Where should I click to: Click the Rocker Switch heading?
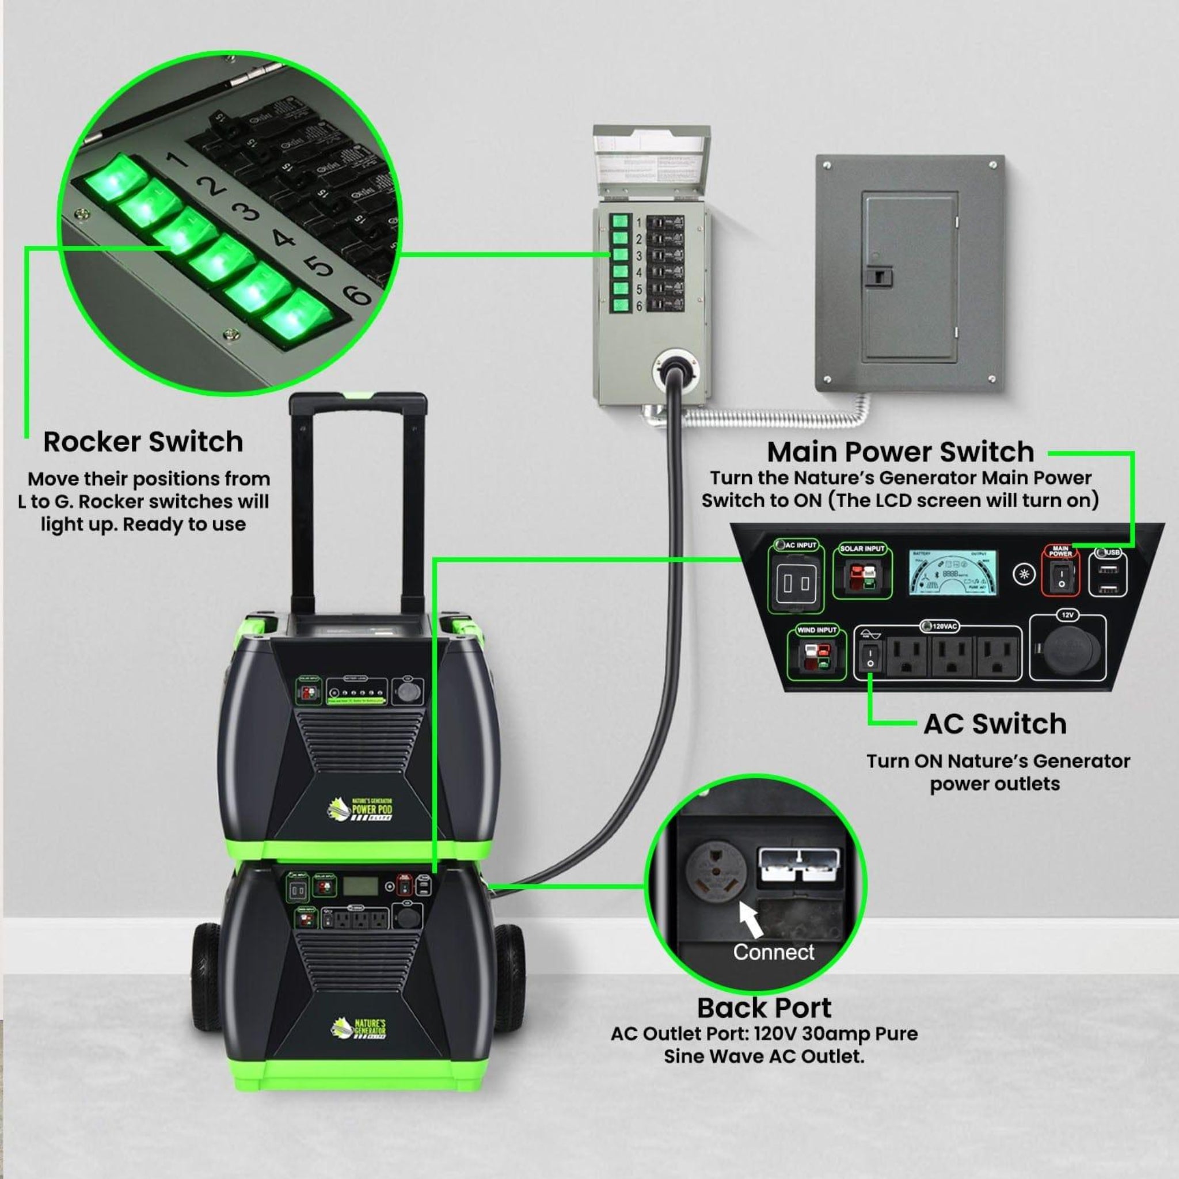143,442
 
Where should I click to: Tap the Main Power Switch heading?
900,452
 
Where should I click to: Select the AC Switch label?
995,724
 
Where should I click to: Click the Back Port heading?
764,1008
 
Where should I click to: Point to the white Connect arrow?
750,918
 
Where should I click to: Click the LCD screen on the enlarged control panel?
953,573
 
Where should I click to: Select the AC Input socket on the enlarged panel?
796,583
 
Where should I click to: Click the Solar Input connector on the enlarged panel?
862,577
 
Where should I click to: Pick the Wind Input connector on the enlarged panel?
816,658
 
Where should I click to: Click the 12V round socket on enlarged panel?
1067,650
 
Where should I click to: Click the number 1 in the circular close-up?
177,160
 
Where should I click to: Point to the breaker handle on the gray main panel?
878,277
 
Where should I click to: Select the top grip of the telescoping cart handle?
357,404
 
